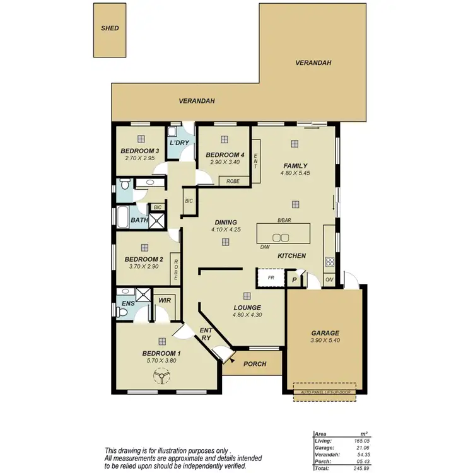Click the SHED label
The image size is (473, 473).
click(x=110, y=28)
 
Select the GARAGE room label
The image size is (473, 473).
click(x=325, y=333)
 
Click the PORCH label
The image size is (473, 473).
click(x=255, y=364)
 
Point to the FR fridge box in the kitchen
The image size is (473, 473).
click(x=269, y=277)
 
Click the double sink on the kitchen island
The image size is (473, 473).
click(x=281, y=238)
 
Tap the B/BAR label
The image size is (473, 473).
click(x=284, y=221)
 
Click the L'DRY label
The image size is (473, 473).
click(x=179, y=143)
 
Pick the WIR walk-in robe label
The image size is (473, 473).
click(x=165, y=301)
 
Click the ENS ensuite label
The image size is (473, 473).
click(x=128, y=304)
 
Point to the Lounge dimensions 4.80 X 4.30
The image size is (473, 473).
click(x=247, y=315)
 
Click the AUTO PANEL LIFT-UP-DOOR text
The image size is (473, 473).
click(x=325, y=392)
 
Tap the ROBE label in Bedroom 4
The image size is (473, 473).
click(x=233, y=181)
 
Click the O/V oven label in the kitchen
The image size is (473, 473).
click(x=329, y=280)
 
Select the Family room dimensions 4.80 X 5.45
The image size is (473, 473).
click(x=295, y=173)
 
